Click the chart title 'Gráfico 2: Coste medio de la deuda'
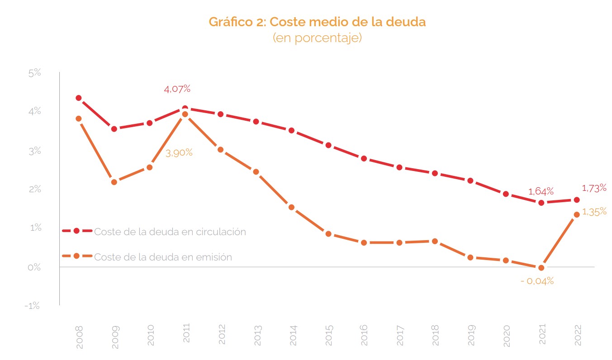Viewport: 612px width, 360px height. coord(317,22)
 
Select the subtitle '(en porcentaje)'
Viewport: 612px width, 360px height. coord(317,38)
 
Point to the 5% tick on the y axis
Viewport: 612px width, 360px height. coord(34,73)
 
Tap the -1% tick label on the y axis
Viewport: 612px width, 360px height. coord(33,306)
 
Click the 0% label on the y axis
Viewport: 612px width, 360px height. coord(34,267)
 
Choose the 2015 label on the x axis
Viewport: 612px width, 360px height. coord(328,335)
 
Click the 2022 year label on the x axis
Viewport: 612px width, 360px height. coord(578,335)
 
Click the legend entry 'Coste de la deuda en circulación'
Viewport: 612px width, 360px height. coord(170,232)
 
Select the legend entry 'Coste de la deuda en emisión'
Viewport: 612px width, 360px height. coord(163,257)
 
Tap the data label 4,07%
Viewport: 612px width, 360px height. coord(177,89)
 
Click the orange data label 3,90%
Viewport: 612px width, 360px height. coord(179,153)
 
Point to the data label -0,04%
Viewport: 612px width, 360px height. coord(537,281)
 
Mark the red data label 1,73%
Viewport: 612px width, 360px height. coord(593,188)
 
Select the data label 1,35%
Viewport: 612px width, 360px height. coord(594,212)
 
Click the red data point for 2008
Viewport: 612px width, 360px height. coord(79,98)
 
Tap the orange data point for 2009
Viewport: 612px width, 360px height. coord(114,182)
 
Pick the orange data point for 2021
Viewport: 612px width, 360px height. coord(541,268)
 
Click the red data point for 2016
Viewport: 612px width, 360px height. coord(364,158)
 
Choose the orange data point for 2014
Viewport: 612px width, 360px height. coord(292,208)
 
